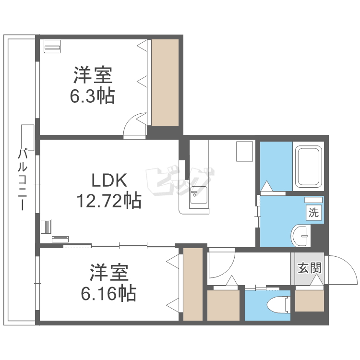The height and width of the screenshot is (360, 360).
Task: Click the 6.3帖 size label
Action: click(93, 96)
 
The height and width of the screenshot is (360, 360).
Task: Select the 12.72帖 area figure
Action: click(109, 200)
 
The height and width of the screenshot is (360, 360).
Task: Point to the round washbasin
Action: click(301, 235)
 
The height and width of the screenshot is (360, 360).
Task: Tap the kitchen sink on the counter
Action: click(198, 197)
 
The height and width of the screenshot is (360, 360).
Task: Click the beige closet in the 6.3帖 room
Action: click(165, 83)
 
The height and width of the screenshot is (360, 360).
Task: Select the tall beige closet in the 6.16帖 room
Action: click(193, 284)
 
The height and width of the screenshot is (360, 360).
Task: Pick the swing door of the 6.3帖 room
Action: click(134, 126)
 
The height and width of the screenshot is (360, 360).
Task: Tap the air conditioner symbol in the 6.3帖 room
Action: click(52, 47)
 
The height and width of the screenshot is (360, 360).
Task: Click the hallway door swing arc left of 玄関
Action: click(221, 263)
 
